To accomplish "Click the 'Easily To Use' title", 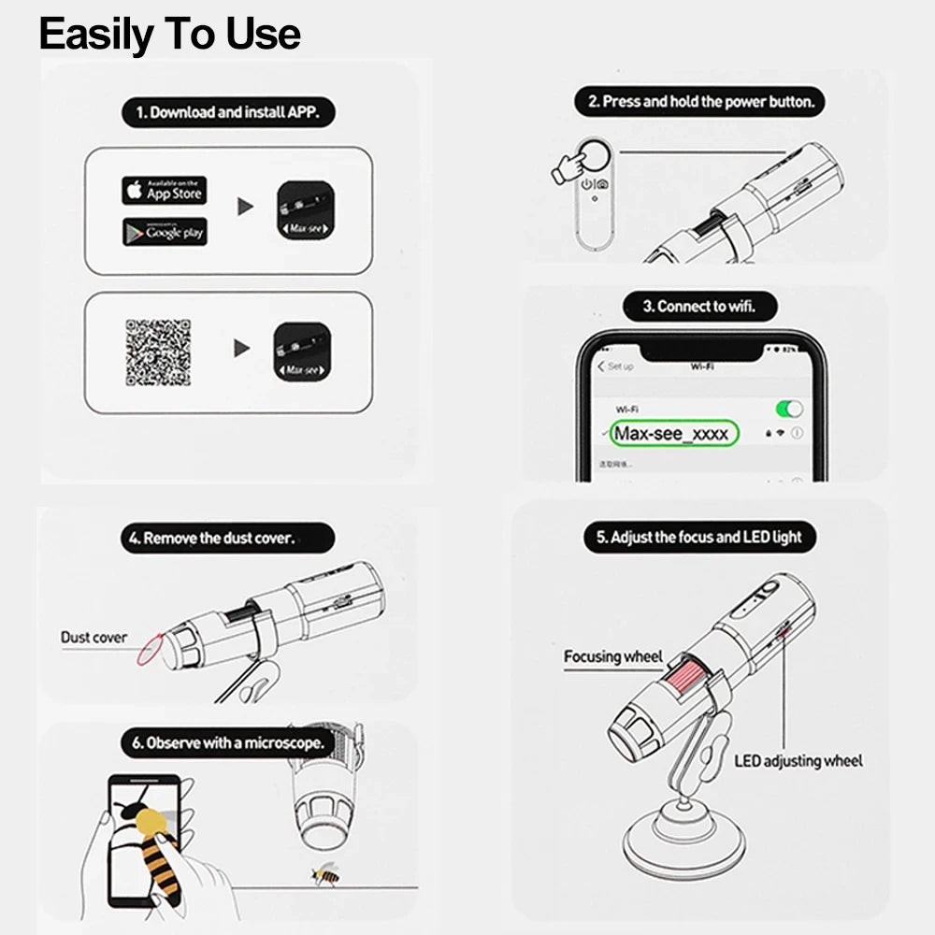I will click(x=169, y=34).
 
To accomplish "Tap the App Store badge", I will click(x=164, y=191).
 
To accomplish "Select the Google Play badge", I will click(x=164, y=232).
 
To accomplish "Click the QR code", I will click(x=158, y=352).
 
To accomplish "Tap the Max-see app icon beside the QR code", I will click(x=302, y=352).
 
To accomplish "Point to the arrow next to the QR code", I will click(x=242, y=349).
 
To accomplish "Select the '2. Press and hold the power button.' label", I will click(x=700, y=102).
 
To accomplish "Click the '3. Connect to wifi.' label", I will click(x=699, y=306).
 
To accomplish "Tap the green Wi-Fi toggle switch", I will click(x=789, y=409).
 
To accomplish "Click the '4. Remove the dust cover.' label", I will click(x=227, y=539).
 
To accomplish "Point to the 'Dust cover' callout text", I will click(x=93, y=638).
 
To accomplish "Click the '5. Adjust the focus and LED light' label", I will click(x=699, y=538).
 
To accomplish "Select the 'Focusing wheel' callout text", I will click(x=612, y=656).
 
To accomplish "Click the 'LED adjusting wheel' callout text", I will click(x=798, y=761).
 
